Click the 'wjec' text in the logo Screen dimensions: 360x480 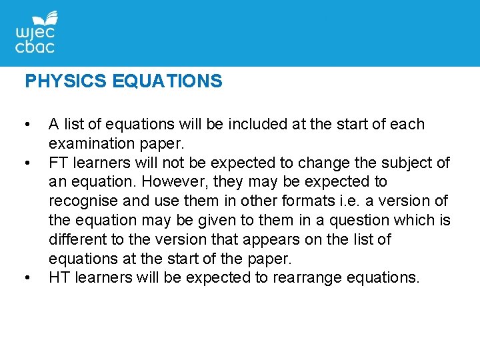pyautogui.click(x=35, y=33)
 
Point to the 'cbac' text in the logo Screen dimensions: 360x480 pyautogui.click(x=35, y=47)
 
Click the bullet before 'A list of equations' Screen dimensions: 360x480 pyautogui.click(x=27, y=125)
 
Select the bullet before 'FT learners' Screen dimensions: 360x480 pyautogui.click(x=27, y=163)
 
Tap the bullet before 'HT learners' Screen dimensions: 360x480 pyautogui.click(x=27, y=278)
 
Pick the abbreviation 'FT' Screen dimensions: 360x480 pyautogui.click(x=58, y=163)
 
